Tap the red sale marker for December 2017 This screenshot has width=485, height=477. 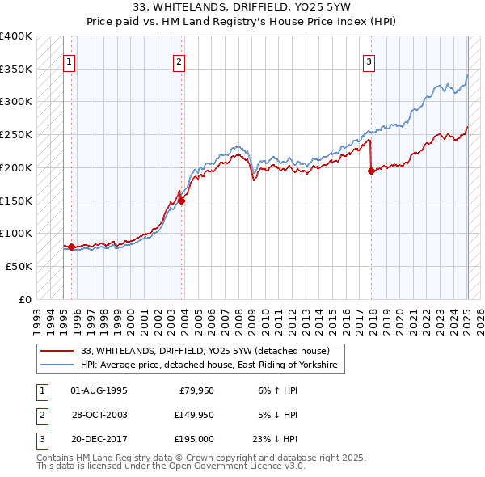coord(371,171)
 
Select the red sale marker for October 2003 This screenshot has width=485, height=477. coord(182,201)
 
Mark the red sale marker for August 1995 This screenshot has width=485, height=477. coord(71,247)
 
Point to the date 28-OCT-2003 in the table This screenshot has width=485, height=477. coord(99,415)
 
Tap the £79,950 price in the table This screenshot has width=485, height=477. coord(194,390)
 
